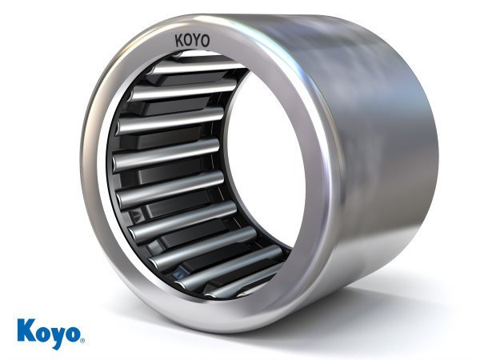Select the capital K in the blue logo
[25, 329]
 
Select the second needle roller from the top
[172, 90]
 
